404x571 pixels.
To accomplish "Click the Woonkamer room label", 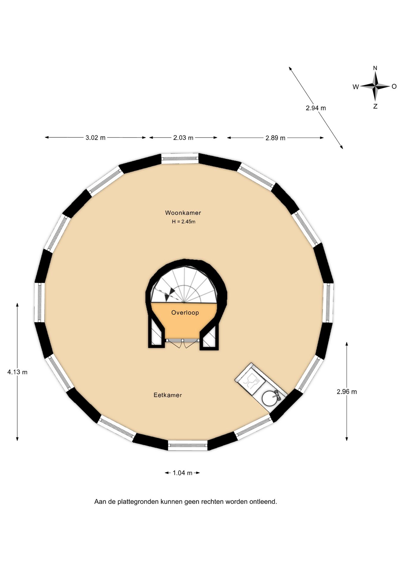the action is [183, 213].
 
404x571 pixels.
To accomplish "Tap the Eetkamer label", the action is [167, 395].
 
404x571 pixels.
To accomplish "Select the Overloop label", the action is [185, 313].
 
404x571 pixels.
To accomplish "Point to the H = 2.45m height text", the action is [184, 222].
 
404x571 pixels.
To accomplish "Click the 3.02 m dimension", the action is [95, 138].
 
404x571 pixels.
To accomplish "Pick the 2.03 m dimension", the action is [183, 138].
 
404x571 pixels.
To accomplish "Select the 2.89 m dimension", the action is [275, 138].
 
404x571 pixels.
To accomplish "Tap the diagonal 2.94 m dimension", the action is [316, 108].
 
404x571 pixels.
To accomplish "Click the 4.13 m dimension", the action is [17, 372].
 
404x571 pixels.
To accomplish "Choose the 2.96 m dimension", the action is [347, 392].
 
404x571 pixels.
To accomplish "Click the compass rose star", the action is [375, 87].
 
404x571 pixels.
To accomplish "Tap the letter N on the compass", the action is [375, 68].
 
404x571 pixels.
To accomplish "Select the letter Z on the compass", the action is [375, 106].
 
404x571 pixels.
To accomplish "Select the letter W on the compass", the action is [356, 87].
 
